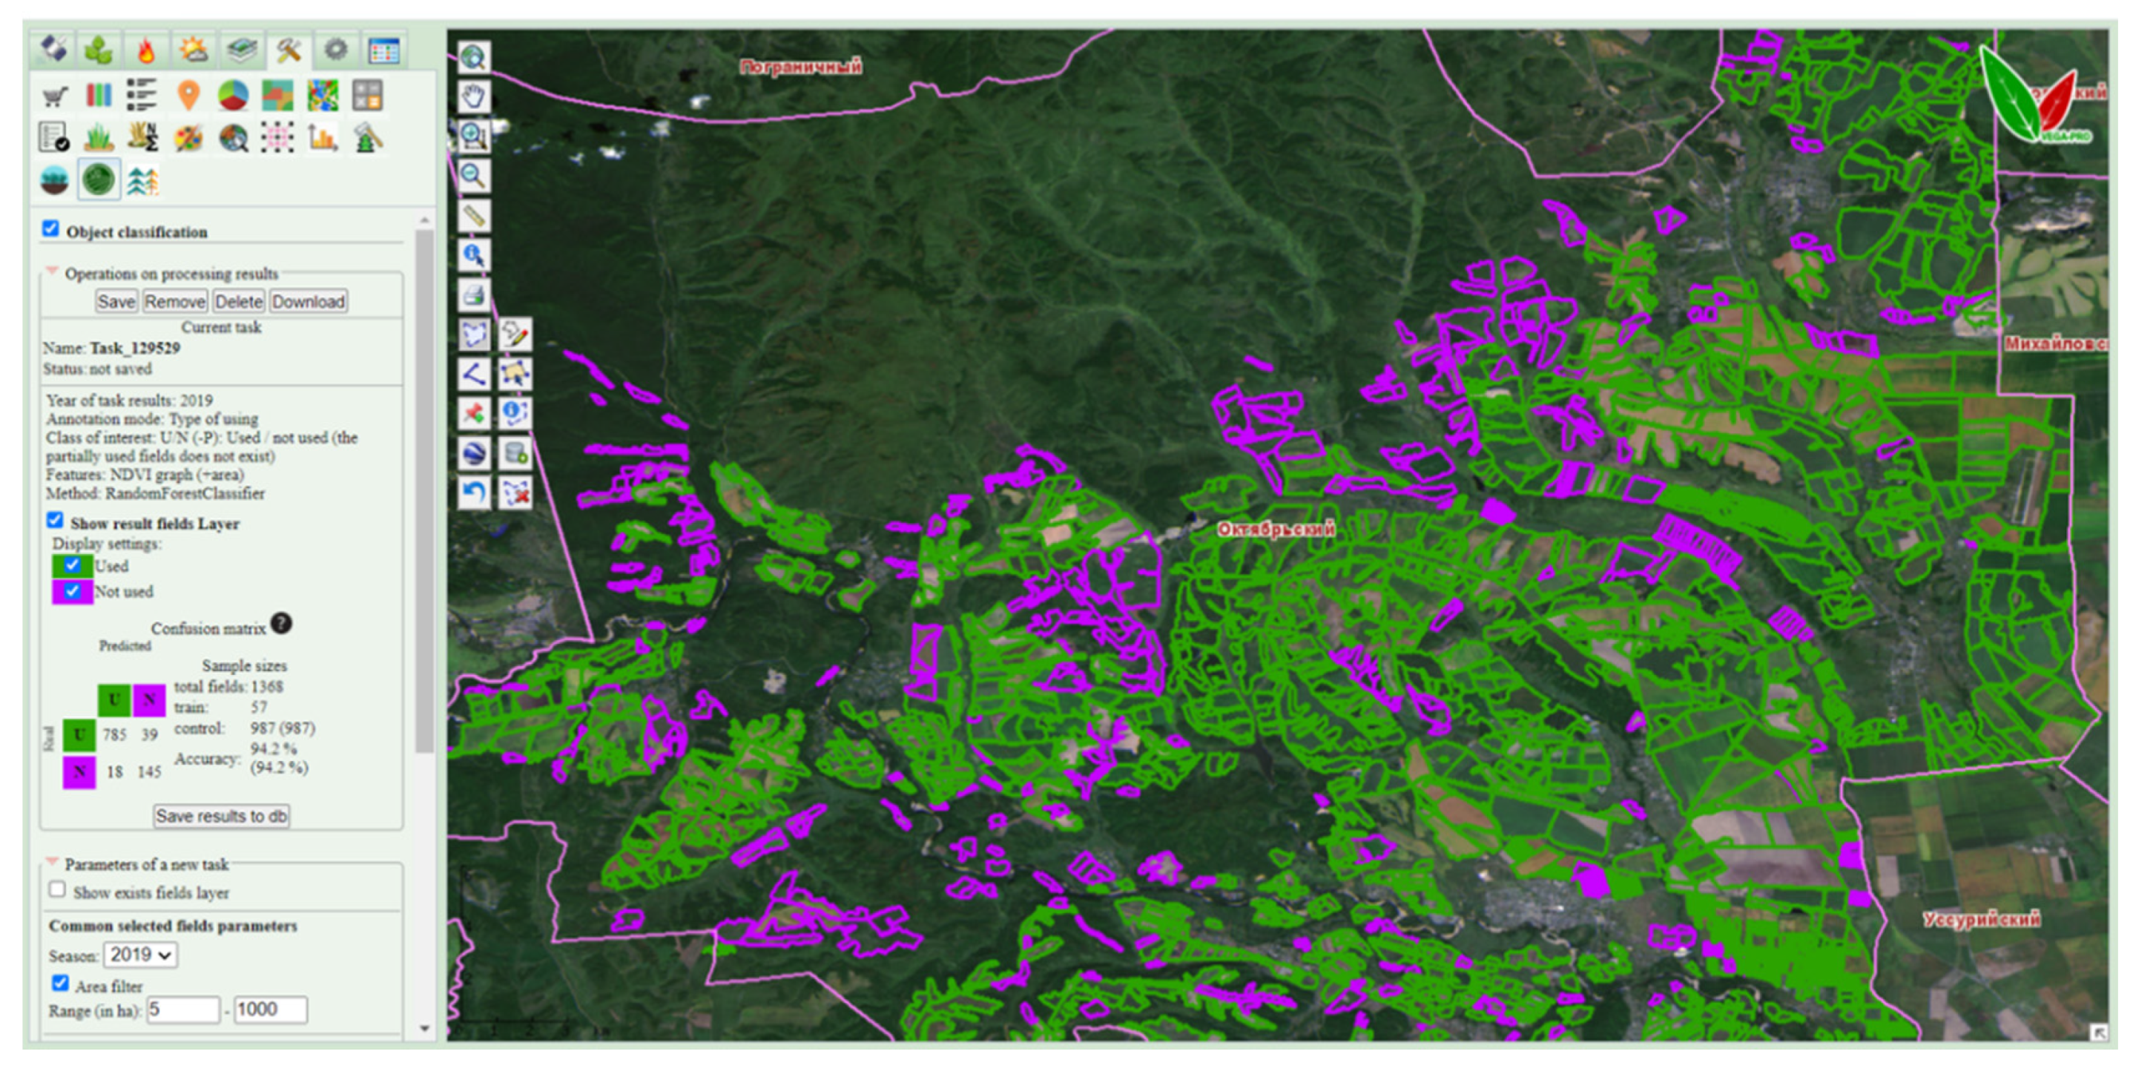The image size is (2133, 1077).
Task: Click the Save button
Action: click(x=116, y=301)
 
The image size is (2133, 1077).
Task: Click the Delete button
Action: click(x=239, y=301)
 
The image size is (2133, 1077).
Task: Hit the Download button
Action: click(x=308, y=301)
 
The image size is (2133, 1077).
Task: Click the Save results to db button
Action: click(x=221, y=816)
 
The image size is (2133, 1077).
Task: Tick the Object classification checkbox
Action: click(x=51, y=228)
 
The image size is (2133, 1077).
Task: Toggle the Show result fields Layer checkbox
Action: click(x=56, y=520)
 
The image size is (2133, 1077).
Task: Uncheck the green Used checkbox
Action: click(x=72, y=565)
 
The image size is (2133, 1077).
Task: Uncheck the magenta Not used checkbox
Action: click(x=72, y=591)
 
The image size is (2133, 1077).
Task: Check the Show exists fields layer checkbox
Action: click(x=57, y=890)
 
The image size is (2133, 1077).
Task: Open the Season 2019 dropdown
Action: click(x=140, y=955)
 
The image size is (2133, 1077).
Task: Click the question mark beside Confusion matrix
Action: click(x=282, y=623)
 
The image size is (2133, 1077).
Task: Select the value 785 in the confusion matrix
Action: click(x=114, y=734)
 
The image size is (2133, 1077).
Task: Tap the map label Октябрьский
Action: click(x=1275, y=529)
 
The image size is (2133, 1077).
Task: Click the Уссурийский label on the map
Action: click(x=1981, y=919)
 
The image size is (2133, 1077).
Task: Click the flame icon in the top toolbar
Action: click(x=145, y=51)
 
